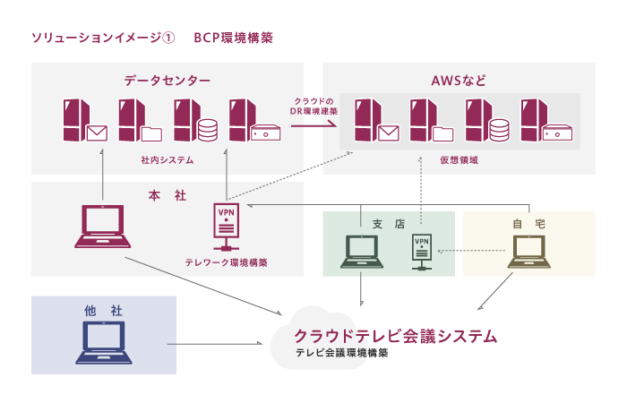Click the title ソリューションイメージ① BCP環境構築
151,39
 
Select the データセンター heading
167,81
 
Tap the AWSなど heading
459,81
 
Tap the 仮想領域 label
459,159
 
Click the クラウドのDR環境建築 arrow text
313,107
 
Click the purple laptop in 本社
102,227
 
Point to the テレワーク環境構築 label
226,263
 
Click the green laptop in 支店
360,253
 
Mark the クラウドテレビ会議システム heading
395,336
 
